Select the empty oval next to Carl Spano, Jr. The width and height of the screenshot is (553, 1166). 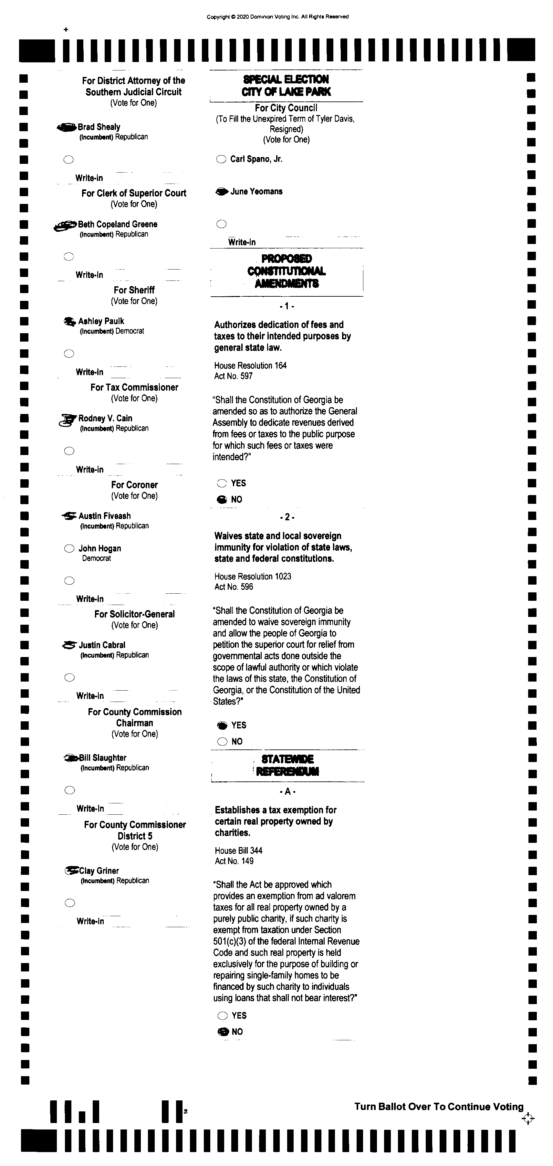point(221,159)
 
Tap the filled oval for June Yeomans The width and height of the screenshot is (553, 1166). point(222,192)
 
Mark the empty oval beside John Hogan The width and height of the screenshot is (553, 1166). point(69,549)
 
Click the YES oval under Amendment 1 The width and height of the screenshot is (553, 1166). point(222,483)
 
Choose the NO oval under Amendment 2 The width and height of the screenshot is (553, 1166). point(222,741)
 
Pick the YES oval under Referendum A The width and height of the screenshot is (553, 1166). point(223,1016)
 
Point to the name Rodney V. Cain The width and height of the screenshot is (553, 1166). point(105,418)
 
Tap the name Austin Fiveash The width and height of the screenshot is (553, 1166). point(105,516)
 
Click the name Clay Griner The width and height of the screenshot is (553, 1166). point(99,871)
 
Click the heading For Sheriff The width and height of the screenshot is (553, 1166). point(134,290)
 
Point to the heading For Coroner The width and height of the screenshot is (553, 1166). point(134,485)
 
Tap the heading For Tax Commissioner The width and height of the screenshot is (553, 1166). point(134,387)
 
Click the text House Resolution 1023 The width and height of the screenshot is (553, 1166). point(253,576)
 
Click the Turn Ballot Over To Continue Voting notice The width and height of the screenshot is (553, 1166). point(439,1107)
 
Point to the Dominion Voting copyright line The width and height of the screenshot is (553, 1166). point(277,17)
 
